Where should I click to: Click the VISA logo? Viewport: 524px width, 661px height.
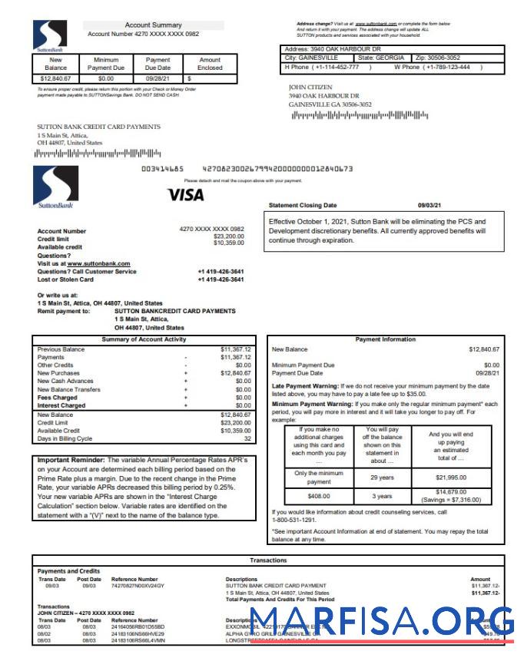point(186,194)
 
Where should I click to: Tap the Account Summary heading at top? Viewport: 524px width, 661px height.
point(153,25)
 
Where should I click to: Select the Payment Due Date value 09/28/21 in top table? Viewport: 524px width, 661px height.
point(158,78)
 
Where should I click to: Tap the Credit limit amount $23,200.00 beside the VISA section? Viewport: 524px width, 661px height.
point(228,236)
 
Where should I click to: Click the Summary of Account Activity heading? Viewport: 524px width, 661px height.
point(144,339)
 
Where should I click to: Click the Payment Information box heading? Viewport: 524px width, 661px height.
point(385,339)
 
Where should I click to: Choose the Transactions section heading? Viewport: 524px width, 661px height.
point(268,560)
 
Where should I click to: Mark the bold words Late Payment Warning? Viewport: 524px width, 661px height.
point(303,385)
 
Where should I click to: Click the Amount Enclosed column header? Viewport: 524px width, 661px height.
point(210,63)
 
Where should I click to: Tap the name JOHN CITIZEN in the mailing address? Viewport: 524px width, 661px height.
point(311,87)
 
